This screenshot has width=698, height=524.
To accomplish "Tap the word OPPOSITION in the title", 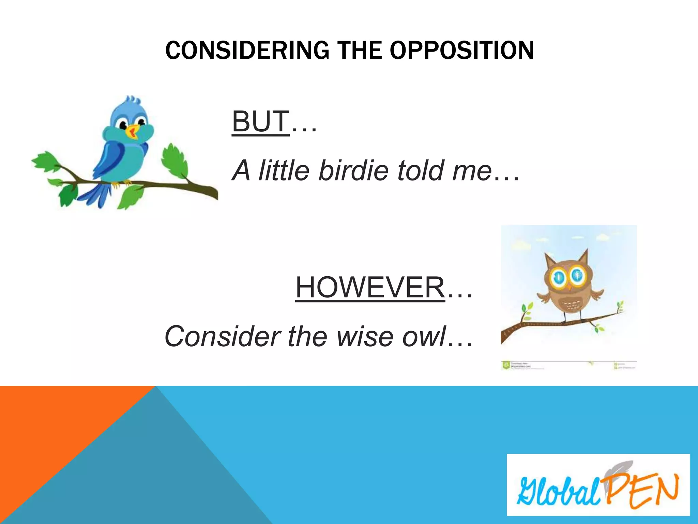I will click(461, 50).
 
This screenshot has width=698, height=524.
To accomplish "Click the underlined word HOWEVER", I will click(370, 287).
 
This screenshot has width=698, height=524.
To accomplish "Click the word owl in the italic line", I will click(424, 336).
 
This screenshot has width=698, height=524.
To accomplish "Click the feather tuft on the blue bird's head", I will click(133, 101).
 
